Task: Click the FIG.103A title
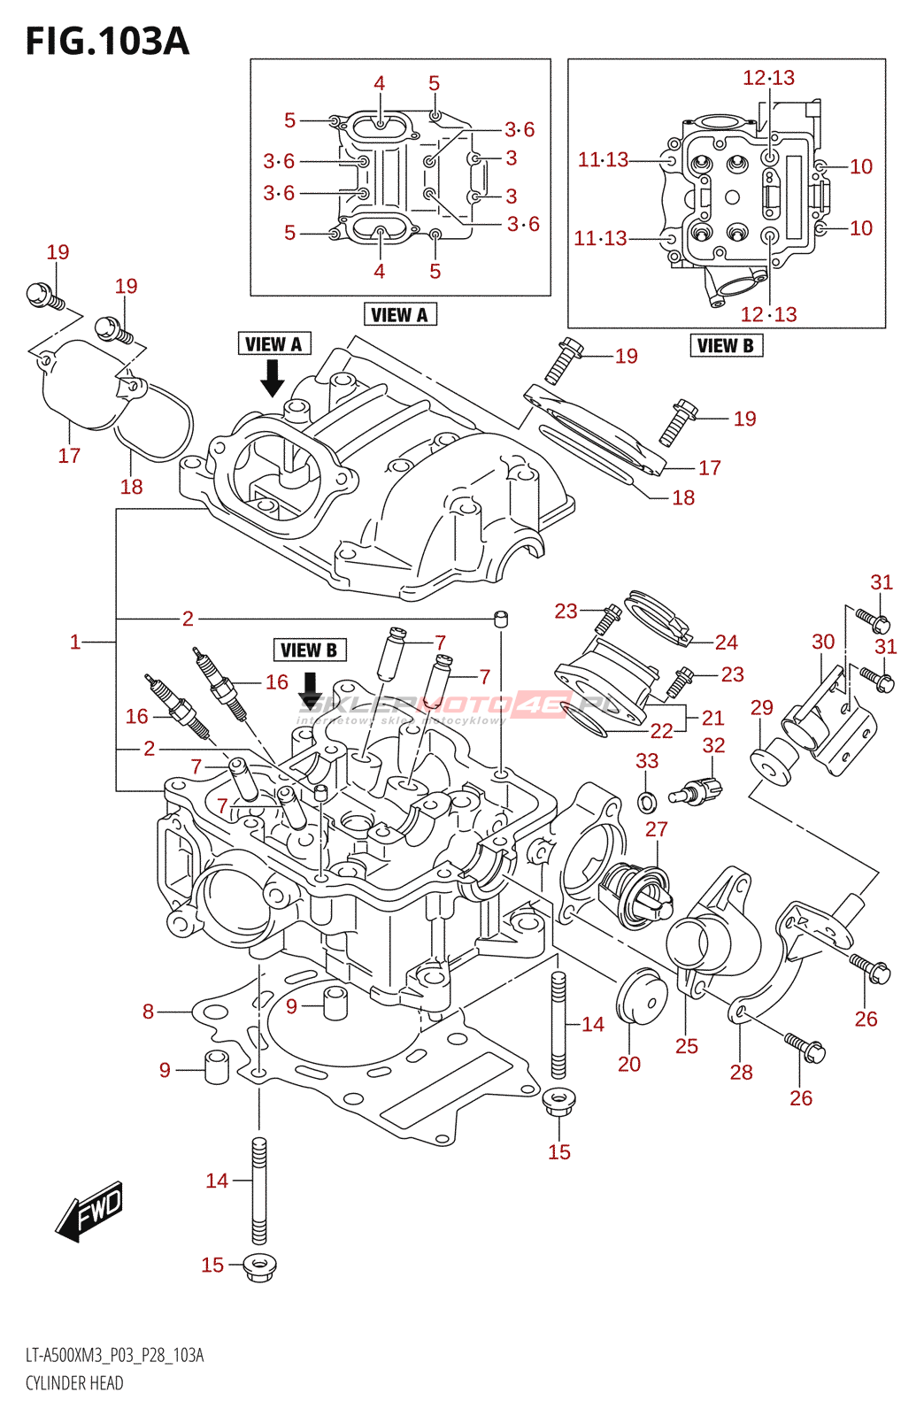click(x=107, y=42)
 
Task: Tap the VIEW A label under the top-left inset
click(x=399, y=315)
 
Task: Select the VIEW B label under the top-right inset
click(x=726, y=346)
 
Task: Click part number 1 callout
click(x=75, y=642)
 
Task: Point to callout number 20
click(x=628, y=1064)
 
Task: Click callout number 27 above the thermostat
click(x=656, y=829)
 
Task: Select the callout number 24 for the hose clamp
click(x=726, y=643)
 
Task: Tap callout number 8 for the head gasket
click(x=149, y=1012)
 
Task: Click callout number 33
click(x=647, y=761)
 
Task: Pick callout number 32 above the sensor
click(x=713, y=746)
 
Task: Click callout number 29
click(x=761, y=708)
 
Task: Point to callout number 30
click(x=823, y=643)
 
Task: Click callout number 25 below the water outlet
click(x=687, y=1046)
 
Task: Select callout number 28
click(x=741, y=1073)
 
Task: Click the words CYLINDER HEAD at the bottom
click(x=74, y=1383)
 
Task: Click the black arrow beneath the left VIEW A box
click(x=273, y=378)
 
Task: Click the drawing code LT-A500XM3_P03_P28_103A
click(x=114, y=1356)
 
